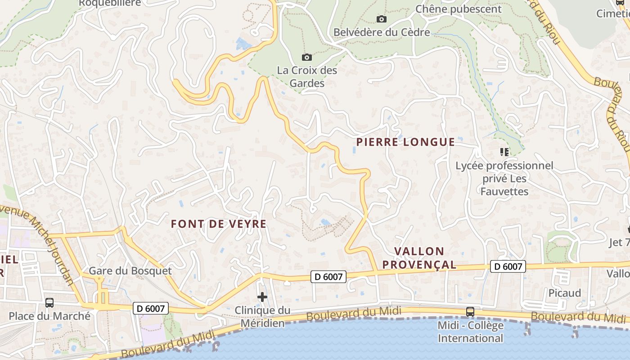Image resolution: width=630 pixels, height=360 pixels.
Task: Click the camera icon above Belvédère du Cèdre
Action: [382, 19]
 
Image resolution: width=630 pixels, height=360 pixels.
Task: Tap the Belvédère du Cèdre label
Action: [382, 32]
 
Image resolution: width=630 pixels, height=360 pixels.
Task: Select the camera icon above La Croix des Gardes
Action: [307, 57]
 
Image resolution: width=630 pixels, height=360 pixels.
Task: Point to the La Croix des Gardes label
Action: [307, 76]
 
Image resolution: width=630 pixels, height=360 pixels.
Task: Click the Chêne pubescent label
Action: [458, 9]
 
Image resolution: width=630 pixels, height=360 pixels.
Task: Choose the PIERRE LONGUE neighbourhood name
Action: [405, 142]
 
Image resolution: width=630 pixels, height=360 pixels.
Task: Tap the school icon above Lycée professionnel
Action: [504, 152]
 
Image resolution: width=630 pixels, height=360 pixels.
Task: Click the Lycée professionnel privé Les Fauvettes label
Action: [504, 179]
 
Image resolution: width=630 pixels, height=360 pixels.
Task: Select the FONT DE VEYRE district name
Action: [219, 224]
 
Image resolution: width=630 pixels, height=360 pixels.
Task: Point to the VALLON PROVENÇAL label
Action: [419, 258]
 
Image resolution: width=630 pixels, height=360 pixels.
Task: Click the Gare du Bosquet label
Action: [130, 270]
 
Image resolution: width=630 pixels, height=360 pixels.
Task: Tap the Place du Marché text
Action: [49, 316]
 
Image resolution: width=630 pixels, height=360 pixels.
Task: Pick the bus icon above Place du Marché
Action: [49, 303]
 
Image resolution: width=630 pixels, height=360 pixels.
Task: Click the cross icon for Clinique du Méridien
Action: [262, 297]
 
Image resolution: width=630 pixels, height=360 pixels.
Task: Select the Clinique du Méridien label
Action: [263, 317]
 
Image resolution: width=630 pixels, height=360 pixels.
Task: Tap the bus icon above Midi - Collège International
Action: [470, 311]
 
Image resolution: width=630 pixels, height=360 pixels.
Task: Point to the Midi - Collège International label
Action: [470, 332]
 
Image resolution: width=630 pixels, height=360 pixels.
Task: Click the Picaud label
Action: [565, 293]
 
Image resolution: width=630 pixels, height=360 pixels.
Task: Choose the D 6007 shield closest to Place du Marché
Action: [151, 308]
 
